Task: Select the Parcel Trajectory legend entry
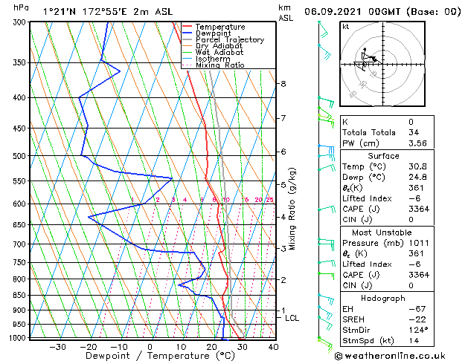pyautogui.click(x=229, y=40)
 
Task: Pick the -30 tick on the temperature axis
pyautogui.click(x=57, y=347)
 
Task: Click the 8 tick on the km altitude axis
pyautogui.click(x=283, y=84)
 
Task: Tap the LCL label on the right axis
pyautogui.click(x=292, y=318)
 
